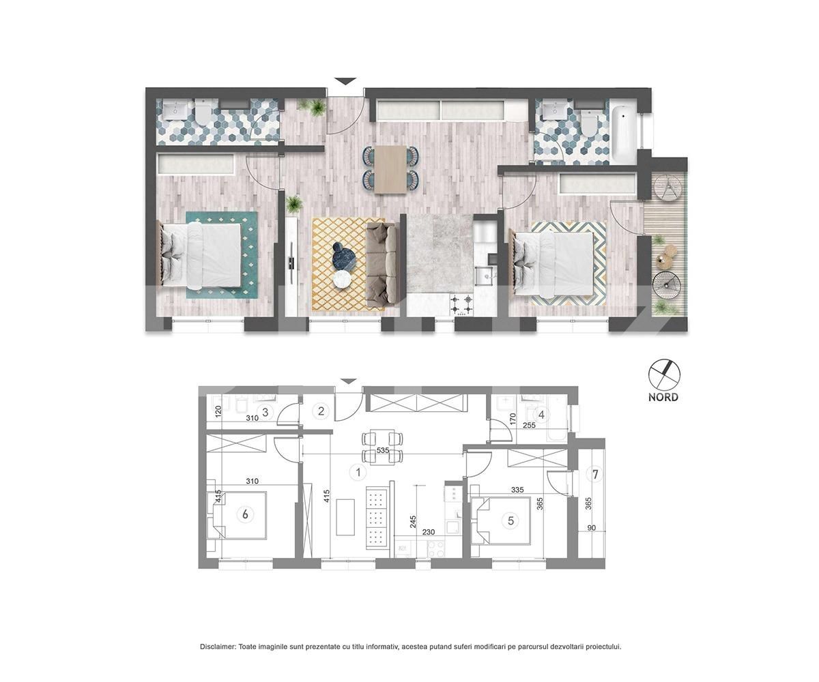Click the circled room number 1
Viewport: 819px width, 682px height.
click(358, 473)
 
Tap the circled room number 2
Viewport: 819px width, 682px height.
click(321, 411)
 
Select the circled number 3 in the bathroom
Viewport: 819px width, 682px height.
click(265, 413)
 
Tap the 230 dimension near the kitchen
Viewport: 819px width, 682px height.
click(429, 532)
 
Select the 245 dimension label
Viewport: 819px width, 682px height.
click(413, 522)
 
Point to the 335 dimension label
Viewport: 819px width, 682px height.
click(518, 490)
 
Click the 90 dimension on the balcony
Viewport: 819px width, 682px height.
click(592, 528)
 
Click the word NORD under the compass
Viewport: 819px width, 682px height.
click(663, 398)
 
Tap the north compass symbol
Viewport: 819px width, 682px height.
click(663, 374)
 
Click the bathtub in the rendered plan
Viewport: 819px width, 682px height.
click(623, 130)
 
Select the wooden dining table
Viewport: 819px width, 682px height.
click(390, 170)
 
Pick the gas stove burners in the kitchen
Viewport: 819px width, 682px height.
click(461, 305)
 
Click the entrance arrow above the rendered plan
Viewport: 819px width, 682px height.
click(345, 81)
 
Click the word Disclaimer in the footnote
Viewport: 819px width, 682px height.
click(217, 647)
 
